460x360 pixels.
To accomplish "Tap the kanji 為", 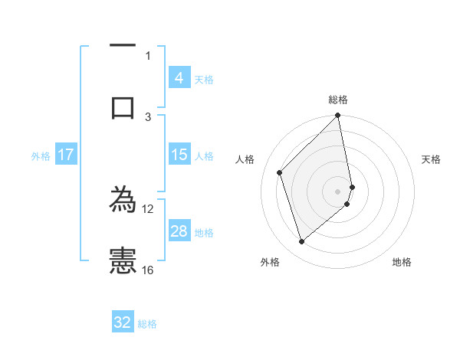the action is (x=123, y=201).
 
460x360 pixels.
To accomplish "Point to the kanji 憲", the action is (x=123, y=261).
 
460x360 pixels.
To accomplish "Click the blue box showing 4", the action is (x=179, y=78).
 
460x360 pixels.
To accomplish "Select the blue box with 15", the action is (x=179, y=155).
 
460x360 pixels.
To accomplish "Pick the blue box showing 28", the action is (x=179, y=231).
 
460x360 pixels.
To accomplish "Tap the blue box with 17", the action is (x=66, y=155).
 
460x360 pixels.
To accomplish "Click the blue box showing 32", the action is (x=123, y=322).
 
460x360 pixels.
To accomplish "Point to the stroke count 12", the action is (x=148, y=208).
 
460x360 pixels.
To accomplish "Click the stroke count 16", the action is (x=148, y=270).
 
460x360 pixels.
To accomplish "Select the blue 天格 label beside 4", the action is (x=204, y=79).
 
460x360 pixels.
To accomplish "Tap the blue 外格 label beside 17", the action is (x=41, y=155).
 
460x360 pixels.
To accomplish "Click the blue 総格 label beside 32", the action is (x=147, y=323).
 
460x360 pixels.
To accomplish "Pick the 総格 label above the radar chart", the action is (x=338, y=100).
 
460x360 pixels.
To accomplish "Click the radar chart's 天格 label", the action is (x=432, y=159).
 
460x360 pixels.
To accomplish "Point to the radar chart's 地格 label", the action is (x=402, y=262).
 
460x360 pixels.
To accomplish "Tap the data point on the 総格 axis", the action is (x=338, y=116).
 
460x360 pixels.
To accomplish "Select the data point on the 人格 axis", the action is (x=280, y=172).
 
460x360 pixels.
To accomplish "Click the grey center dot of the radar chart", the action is (x=338, y=191).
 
